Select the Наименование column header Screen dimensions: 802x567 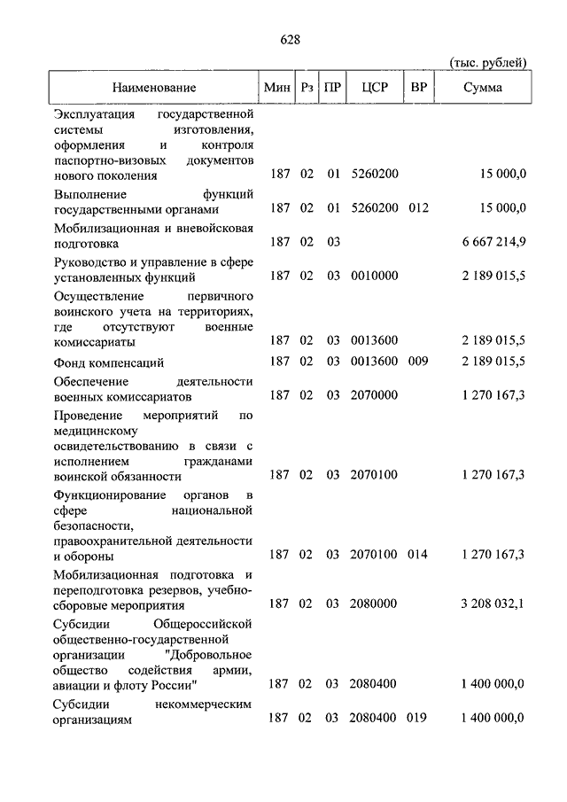point(153,88)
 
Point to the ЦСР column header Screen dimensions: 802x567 point(374,88)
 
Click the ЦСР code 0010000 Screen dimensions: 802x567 point(374,276)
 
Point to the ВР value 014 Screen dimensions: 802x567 point(417,555)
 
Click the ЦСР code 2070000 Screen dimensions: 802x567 point(374,396)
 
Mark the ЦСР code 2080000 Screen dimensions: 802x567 point(374,603)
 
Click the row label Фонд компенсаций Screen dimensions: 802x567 point(108,362)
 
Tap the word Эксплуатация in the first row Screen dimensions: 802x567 point(95,115)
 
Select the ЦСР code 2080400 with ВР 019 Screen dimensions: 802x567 point(374,719)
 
